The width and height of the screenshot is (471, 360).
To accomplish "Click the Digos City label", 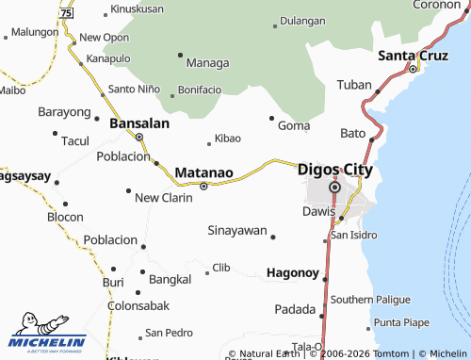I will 334,171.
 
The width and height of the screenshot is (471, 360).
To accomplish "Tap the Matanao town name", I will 203,172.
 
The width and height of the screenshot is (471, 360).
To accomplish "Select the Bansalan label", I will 139,123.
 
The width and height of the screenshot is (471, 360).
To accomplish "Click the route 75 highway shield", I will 64,14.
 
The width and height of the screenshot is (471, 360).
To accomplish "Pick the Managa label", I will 207,63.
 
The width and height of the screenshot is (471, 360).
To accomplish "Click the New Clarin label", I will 164,198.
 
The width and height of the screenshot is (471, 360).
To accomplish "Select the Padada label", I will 295,309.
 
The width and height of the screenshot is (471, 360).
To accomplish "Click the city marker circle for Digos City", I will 333,188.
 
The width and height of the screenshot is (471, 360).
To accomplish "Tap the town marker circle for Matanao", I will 203,186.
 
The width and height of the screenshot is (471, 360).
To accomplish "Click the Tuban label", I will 354,85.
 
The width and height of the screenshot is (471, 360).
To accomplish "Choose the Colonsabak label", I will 138,305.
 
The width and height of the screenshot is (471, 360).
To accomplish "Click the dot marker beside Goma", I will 272,118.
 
